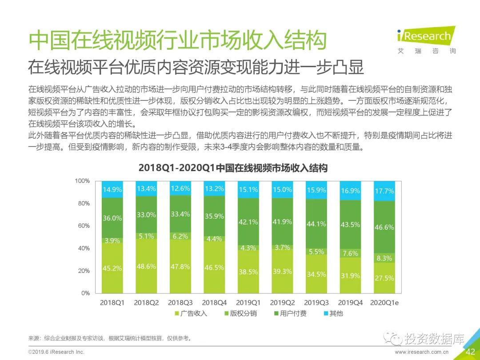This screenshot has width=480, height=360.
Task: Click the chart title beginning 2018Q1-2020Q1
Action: pyautogui.click(x=233, y=168)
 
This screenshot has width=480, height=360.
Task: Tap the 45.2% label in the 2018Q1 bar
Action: pyautogui.click(x=112, y=268)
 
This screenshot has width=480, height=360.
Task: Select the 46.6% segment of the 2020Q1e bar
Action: pyautogui.click(x=384, y=227)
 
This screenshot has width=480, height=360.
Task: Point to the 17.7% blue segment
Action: pyautogui.click(x=384, y=191)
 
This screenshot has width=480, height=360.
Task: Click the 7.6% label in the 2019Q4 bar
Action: pyautogui.click(x=350, y=253)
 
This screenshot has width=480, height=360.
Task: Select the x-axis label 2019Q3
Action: pyautogui.click(x=316, y=303)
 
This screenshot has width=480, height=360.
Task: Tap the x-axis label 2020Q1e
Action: pyautogui.click(x=384, y=303)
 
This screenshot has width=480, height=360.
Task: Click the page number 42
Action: pyautogui.click(x=470, y=352)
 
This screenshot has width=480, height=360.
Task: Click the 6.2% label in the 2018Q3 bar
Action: pyautogui.click(x=180, y=236)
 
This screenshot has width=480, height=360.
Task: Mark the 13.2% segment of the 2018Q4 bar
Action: pyautogui.click(x=215, y=189)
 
